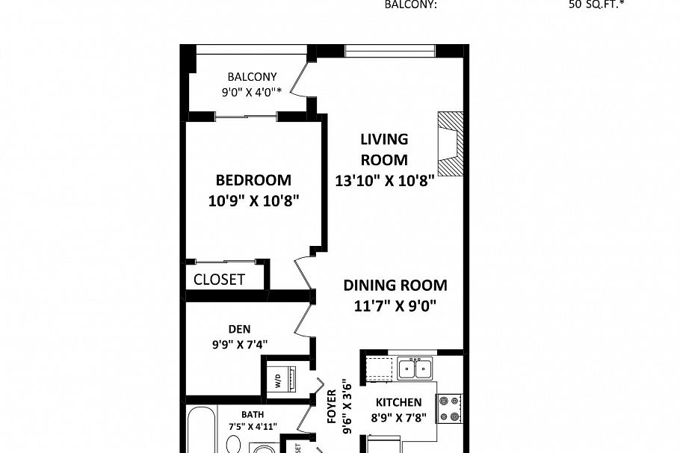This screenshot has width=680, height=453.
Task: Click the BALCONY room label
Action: [252, 76]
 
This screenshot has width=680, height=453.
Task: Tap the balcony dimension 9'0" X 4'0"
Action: [252, 92]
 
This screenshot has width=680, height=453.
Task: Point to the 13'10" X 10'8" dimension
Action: [384, 180]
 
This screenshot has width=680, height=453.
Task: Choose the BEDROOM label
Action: [253, 180]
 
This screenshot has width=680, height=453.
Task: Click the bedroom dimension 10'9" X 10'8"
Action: [253, 200]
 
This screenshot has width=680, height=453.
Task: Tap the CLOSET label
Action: [219, 280]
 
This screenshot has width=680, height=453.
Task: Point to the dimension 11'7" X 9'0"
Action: [395, 305]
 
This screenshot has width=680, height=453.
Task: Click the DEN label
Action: [240, 329]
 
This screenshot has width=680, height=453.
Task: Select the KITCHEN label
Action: [398, 402]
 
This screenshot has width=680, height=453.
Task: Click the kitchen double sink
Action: [414, 369]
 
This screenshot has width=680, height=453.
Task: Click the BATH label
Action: [253, 414]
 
